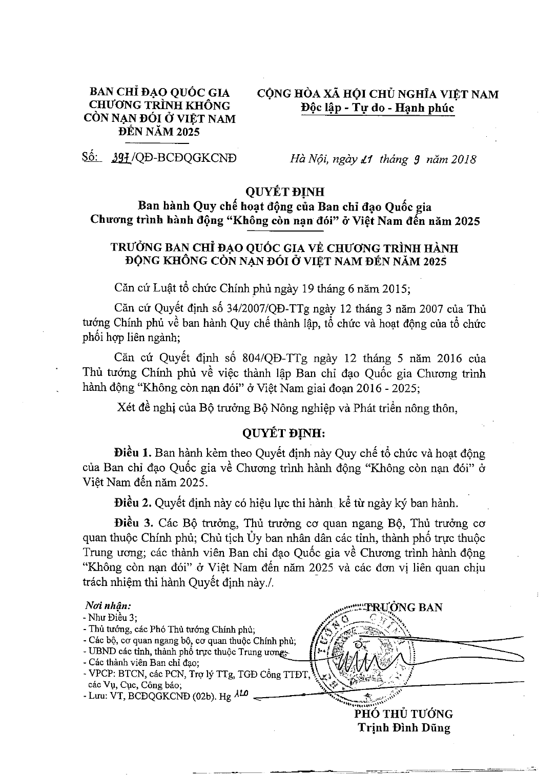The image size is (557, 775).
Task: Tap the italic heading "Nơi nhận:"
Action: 102,606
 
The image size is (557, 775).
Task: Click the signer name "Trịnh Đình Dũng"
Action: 403,727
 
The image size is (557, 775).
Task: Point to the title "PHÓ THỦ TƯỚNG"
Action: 403,714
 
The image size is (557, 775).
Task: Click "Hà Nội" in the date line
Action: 306,159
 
